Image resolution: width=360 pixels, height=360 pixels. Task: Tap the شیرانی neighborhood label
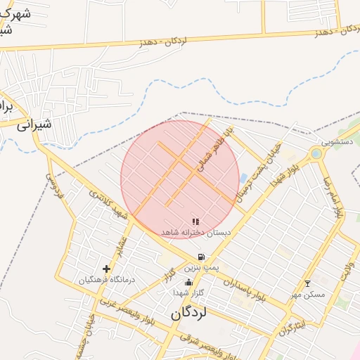tap(34, 126)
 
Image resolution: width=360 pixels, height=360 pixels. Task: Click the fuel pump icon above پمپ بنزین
tap(202, 257)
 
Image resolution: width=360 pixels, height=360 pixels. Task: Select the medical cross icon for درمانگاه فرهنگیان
tap(107, 269)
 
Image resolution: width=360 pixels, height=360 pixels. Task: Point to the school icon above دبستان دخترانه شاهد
tap(195, 221)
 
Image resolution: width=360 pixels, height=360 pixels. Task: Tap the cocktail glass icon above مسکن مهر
tap(307, 283)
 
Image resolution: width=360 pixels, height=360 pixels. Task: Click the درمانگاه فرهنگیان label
tap(107, 279)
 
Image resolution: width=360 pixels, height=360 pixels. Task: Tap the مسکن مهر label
tap(307, 294)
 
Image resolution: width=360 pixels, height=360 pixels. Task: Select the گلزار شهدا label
tap(188, 292)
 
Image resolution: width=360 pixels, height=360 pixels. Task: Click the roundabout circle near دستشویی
tap(316, 153)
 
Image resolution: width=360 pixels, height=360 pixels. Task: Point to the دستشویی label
tap(328, 141)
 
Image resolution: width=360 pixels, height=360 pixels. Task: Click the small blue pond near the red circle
tap(243, 178)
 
